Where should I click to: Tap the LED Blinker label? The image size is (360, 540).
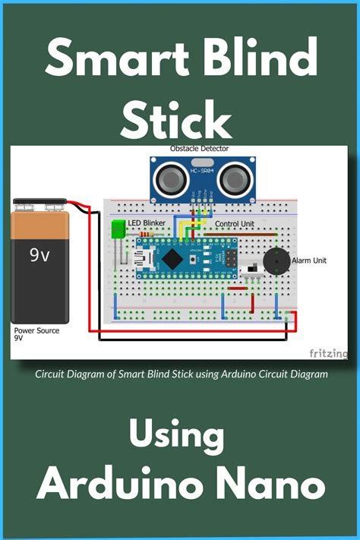click(148, 224)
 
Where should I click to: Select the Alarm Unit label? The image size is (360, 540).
click(309, 261)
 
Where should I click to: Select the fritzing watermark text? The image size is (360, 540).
click(328, 353)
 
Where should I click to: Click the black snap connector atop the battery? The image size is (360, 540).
click(40, 204)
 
